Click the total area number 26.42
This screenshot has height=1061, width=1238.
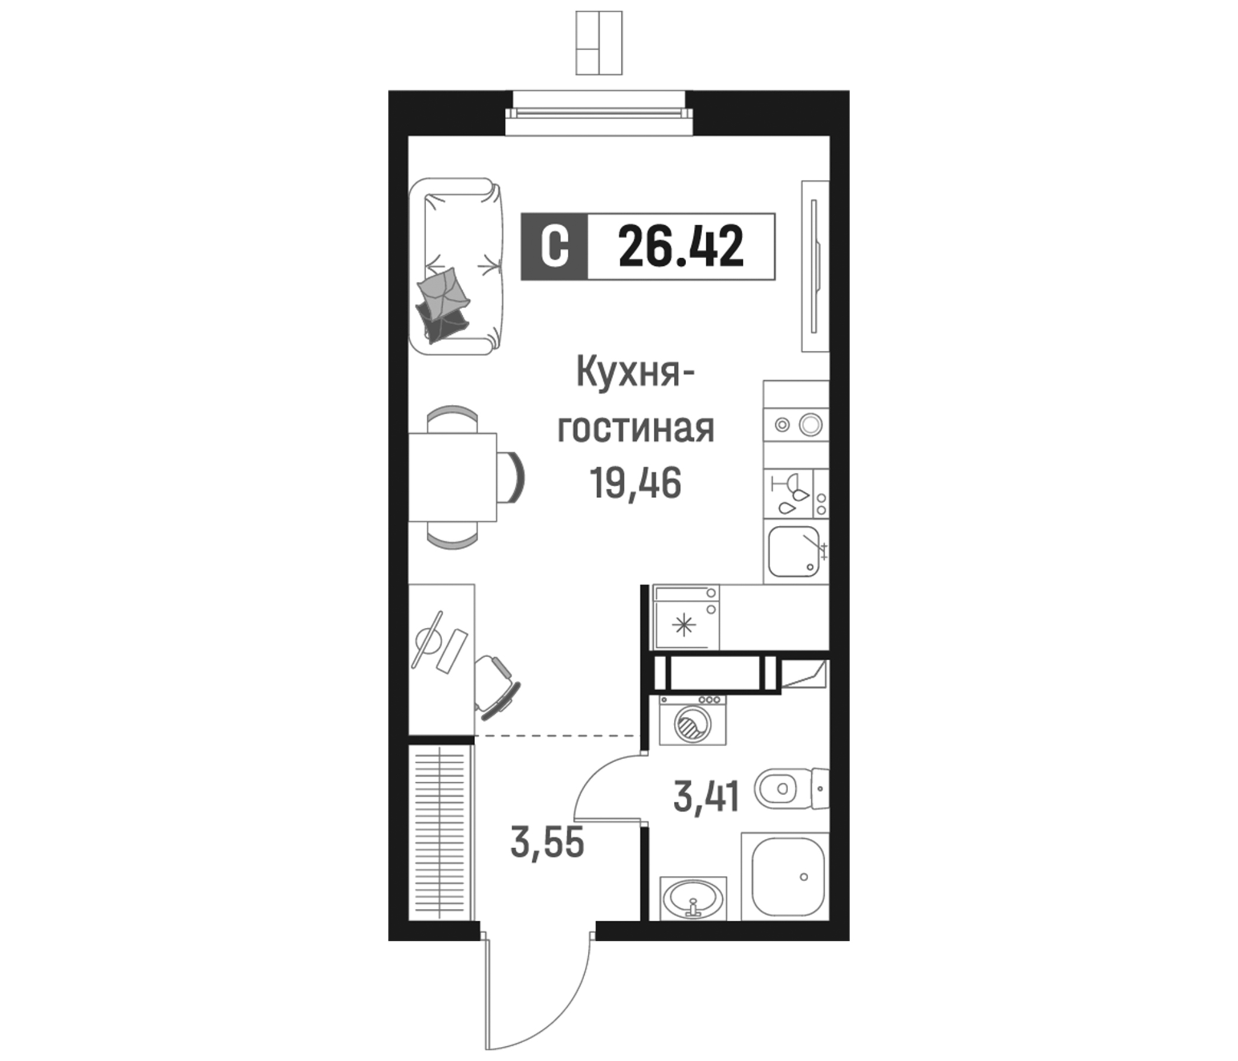point(680,247)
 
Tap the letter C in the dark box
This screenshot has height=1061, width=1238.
point(554,247)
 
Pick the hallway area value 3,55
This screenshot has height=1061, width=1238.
point(546,844)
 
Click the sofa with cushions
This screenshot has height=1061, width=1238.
point(456,267)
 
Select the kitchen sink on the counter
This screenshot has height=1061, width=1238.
point(793,551)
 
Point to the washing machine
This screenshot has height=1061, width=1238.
point(693,720)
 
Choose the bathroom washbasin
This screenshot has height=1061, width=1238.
point(693,899)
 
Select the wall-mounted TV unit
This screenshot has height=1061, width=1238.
point(815,266)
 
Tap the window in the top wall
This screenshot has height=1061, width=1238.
point(599,114)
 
